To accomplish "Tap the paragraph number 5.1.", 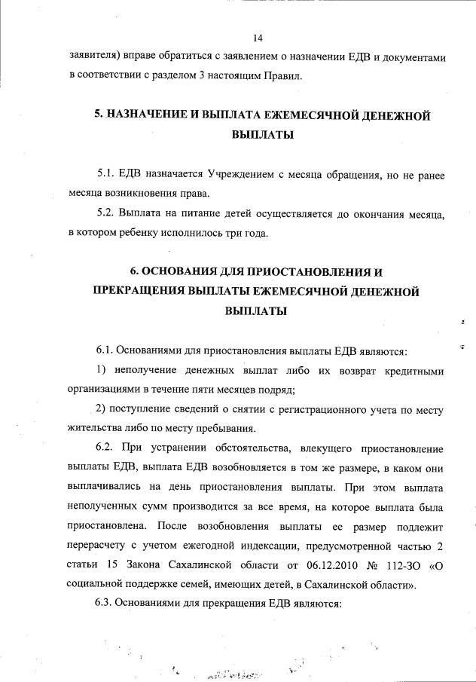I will pos(105,175).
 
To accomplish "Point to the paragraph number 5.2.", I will pos(106,215).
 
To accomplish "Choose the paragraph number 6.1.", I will pos(105,351).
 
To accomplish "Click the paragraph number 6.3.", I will pos(105,604).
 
